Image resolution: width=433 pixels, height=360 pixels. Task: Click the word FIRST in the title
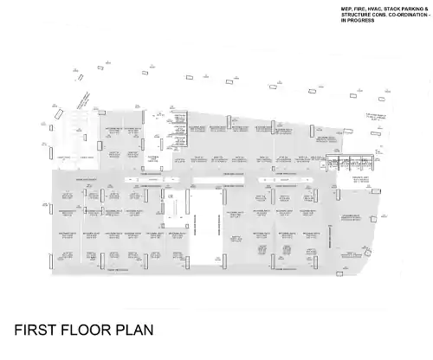(36, 330)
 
